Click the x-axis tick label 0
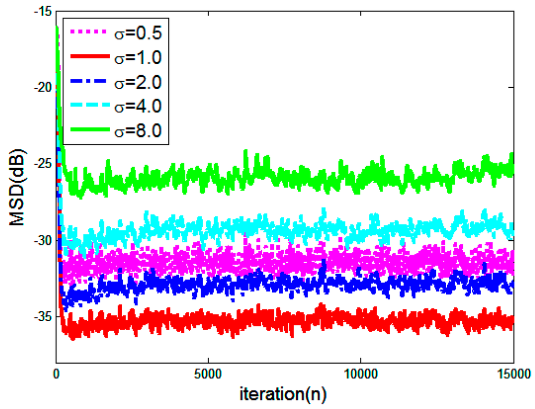click(x=56, y=375)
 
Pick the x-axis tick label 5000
click(x=208, y=375)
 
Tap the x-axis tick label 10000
click(x=360, y=375)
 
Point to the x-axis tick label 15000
click(x=513, y=375)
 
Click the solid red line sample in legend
click(x=87, y=57)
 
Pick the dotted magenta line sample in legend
click(x=87, y=33)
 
